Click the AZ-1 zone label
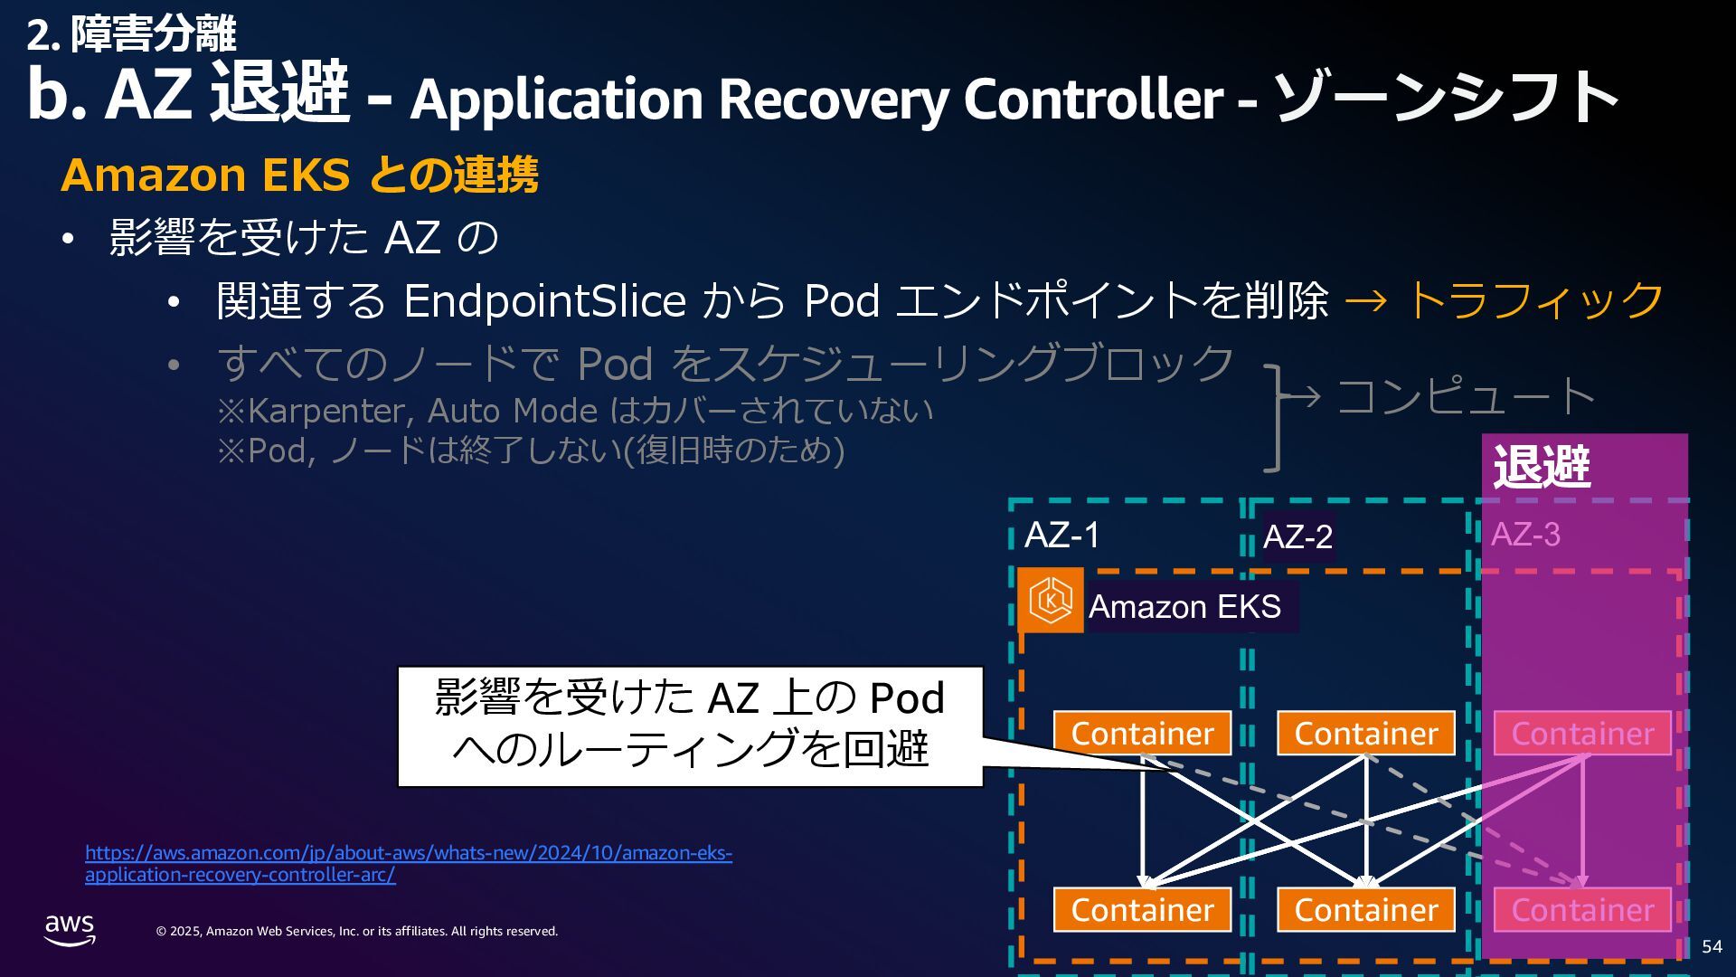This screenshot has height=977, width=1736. click(x=1061, y=536)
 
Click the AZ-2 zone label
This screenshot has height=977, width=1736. click(x=1297, y=537)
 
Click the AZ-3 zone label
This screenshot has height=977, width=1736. click(x=1525, y=535)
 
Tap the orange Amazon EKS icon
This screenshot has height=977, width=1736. click(x=1051, y=600)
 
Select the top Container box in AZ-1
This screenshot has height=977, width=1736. click(x=1142, y=734)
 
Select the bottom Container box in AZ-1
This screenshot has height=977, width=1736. click(x=1142, y=910)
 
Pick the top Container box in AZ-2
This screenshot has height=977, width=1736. click(x=1365, y=734)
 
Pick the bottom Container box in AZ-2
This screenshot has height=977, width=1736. click(x=1365, y=910)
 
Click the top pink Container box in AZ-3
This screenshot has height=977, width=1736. click(x=1582, y=734)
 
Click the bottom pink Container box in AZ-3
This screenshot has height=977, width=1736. click(x=1582, y=910)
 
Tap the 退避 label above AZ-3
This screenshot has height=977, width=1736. click(x=1542, y=467)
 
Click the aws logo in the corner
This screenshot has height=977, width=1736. click(x=70, y=929)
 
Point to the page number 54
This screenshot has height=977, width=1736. click(x=1712, y=946)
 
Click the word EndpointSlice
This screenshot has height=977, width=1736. click(x=544, y=300)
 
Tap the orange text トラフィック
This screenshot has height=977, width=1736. click(x=1534, y=299)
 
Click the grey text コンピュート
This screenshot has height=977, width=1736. click(x=1465, y=396)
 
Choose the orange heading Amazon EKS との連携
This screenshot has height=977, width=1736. click(x=299, y=175)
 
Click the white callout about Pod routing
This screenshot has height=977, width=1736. click(x=690, y=726)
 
